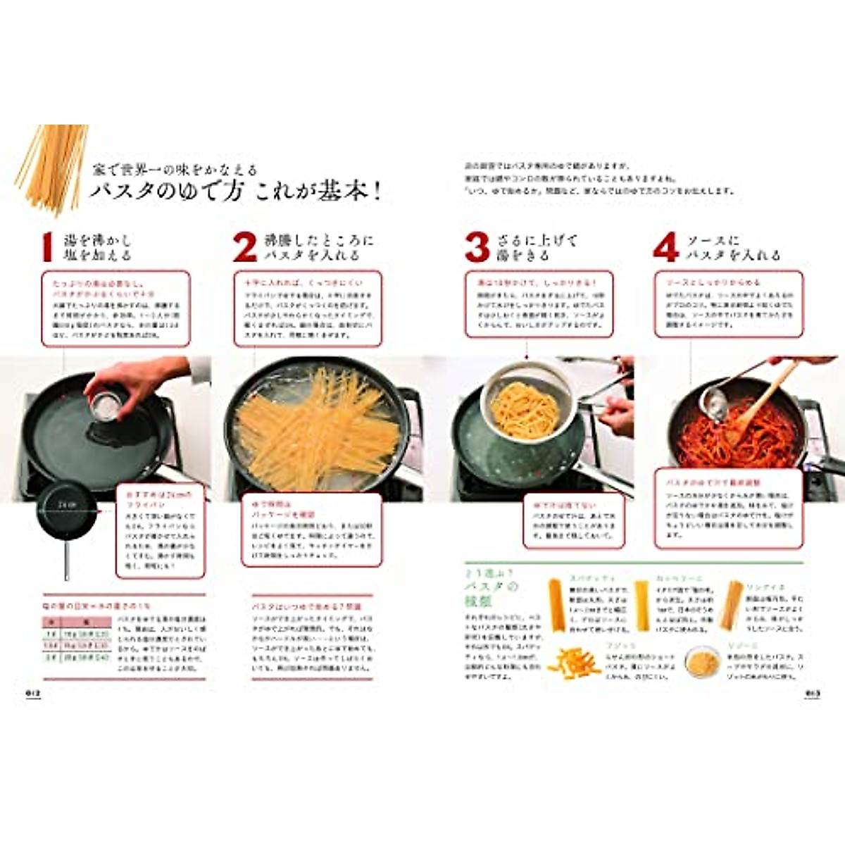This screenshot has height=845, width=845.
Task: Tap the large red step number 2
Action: [x=244, y=247]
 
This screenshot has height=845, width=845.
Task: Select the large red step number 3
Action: [x=477, y=247]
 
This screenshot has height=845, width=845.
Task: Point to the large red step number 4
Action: [x=665, y=247]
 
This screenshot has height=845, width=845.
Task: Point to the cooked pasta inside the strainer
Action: [x=525, y=408]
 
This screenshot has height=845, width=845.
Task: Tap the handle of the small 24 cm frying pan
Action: [x=68, y=556]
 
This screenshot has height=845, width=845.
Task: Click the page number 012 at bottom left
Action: [x=35, y=693]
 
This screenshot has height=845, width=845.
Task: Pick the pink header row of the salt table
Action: [x=77, y=622]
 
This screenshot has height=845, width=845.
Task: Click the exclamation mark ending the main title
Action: [x=377, y=192]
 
